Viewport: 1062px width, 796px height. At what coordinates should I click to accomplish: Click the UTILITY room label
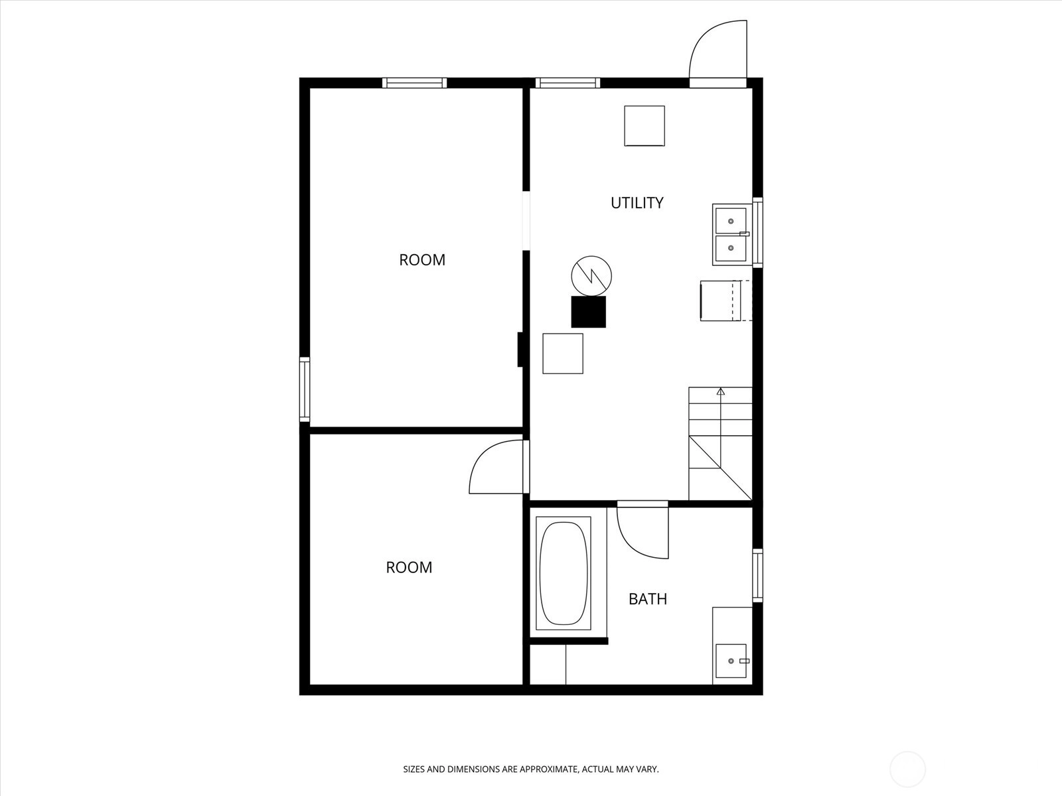[x=637, y=203]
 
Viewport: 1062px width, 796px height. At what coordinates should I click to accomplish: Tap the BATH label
[x=648, y=599]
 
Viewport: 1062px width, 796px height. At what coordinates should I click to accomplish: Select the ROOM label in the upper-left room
[x=422, y=260]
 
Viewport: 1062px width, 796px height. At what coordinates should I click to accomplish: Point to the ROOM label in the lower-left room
[x=409, y=567]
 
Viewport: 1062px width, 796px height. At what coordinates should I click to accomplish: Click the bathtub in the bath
[x=564, y=573]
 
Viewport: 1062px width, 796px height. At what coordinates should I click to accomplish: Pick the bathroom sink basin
[x=731, y=661]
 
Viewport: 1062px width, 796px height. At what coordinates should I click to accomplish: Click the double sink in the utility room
[x=731, y=234]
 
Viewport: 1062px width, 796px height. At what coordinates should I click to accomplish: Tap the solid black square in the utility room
[x=588, y=312]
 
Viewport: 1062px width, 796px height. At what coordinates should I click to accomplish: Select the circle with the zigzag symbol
[x=591, y=276]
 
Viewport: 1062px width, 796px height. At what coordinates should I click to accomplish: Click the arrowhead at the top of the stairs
[x=721, y=391]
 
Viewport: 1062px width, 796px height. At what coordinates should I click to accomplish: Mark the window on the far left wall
[x=304, y=389]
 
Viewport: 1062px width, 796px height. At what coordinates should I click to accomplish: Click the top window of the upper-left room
[x=415, y=83]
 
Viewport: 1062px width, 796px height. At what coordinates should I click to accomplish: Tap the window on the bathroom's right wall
[x=758, y=575]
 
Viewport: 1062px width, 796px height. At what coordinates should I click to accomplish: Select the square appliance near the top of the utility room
[x=645, y=125]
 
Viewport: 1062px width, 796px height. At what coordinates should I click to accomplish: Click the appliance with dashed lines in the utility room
[x=726, y=300]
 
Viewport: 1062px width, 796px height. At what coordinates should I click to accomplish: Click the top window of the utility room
[x=568, y=83]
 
